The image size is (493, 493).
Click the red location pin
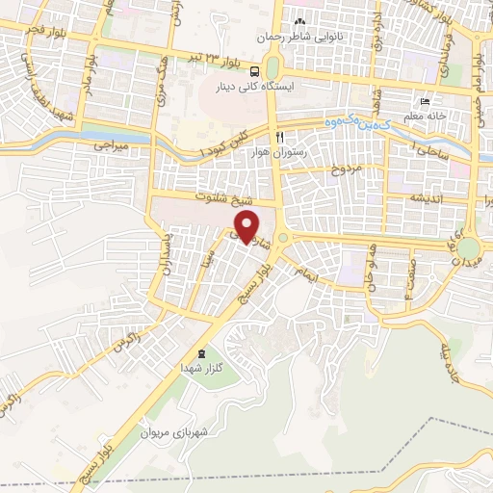pos(247,226)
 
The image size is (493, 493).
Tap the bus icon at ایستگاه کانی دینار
pos(254,70)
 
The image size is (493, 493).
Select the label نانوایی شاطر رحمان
pos(298,37)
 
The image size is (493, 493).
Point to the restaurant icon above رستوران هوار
pos(280,138)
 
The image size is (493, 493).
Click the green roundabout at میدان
pos(469,249)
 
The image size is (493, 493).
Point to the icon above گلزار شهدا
pos(201,353)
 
